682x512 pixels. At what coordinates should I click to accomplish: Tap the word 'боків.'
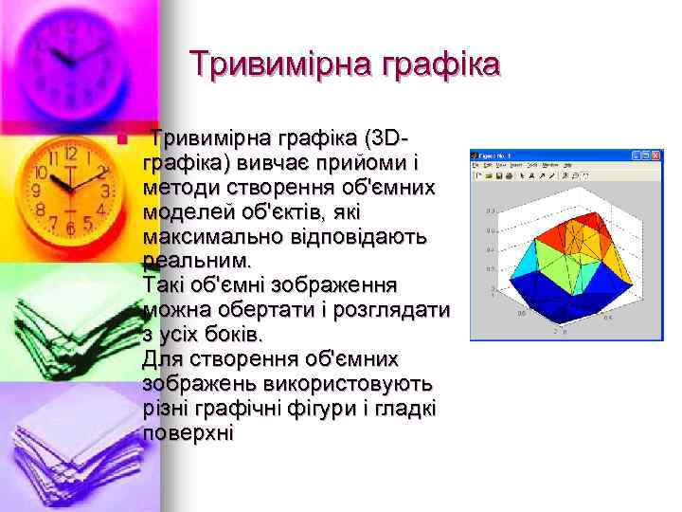point(231,335)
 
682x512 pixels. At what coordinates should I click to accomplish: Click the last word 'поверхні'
point(187,433)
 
